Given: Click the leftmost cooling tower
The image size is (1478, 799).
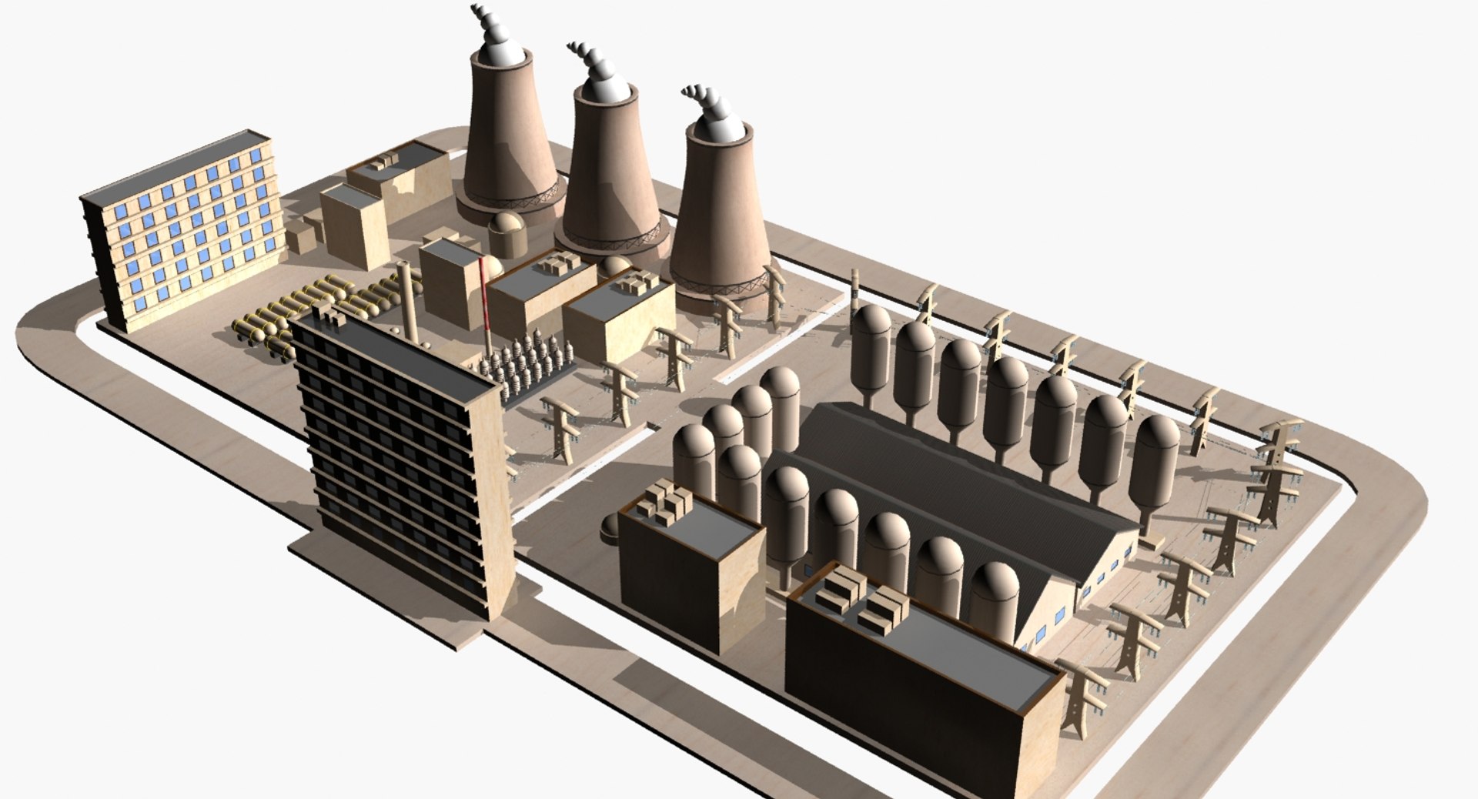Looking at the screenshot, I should (508, 146).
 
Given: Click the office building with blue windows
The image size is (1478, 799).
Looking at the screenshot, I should (185, 231).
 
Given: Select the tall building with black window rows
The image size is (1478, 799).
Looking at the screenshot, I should (400, 462).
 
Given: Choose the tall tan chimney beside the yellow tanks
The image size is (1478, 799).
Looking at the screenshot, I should (408, 304).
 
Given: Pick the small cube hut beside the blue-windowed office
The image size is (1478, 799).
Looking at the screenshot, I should (300, 236).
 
